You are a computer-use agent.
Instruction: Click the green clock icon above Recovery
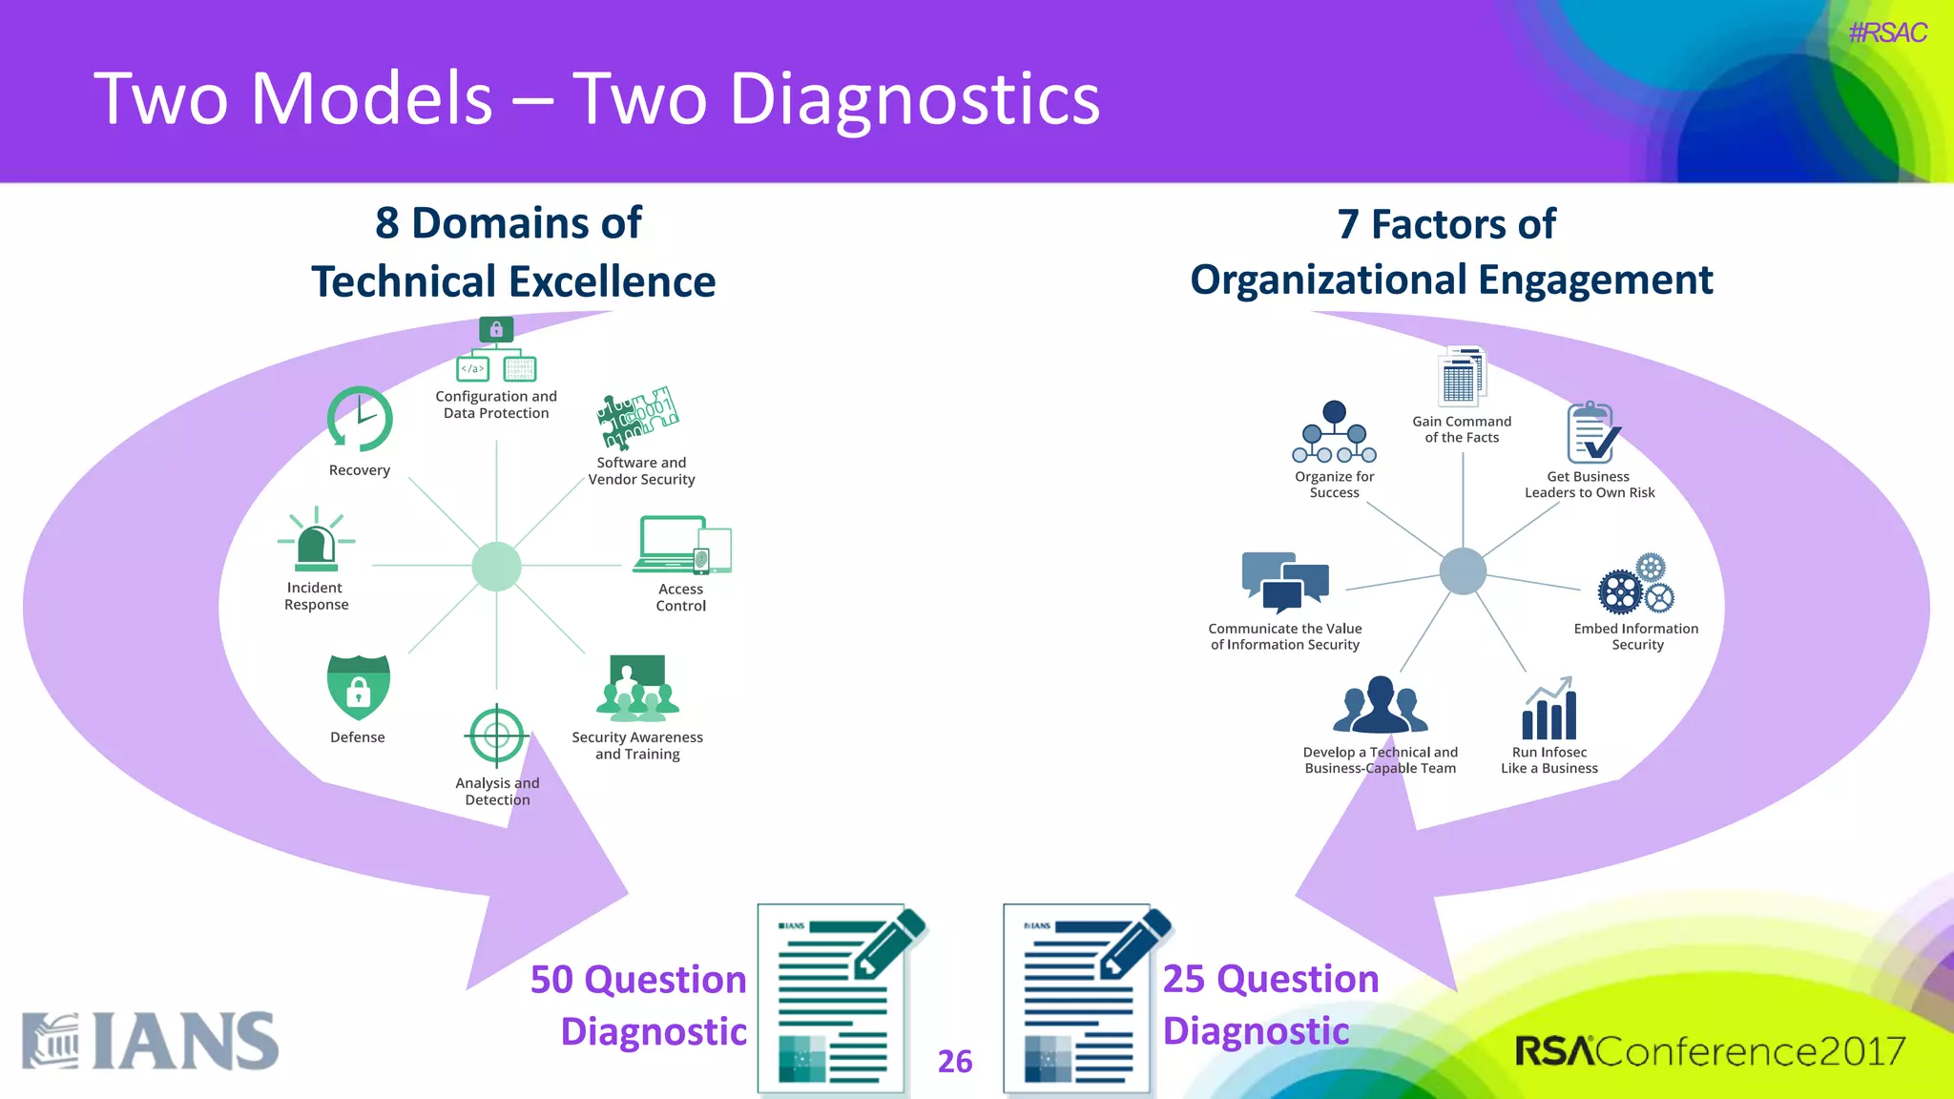(360, 419)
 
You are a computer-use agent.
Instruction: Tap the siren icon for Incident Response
(317, 541)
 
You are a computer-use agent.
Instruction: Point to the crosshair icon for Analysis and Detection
(496, 736)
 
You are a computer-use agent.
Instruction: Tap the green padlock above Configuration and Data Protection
(496, 330)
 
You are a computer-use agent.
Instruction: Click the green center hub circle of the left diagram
(496, 567)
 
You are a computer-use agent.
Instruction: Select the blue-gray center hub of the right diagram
(1463, 571)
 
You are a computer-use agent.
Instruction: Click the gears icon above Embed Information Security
(1635, 585)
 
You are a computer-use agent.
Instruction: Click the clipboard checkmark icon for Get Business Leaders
(1592, 433)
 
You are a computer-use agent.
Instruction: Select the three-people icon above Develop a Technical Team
(1380, 706)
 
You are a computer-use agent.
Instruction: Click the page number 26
(955, 1061)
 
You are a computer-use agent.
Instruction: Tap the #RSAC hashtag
(1887, 33)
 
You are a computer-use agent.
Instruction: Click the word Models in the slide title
(372, 98)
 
